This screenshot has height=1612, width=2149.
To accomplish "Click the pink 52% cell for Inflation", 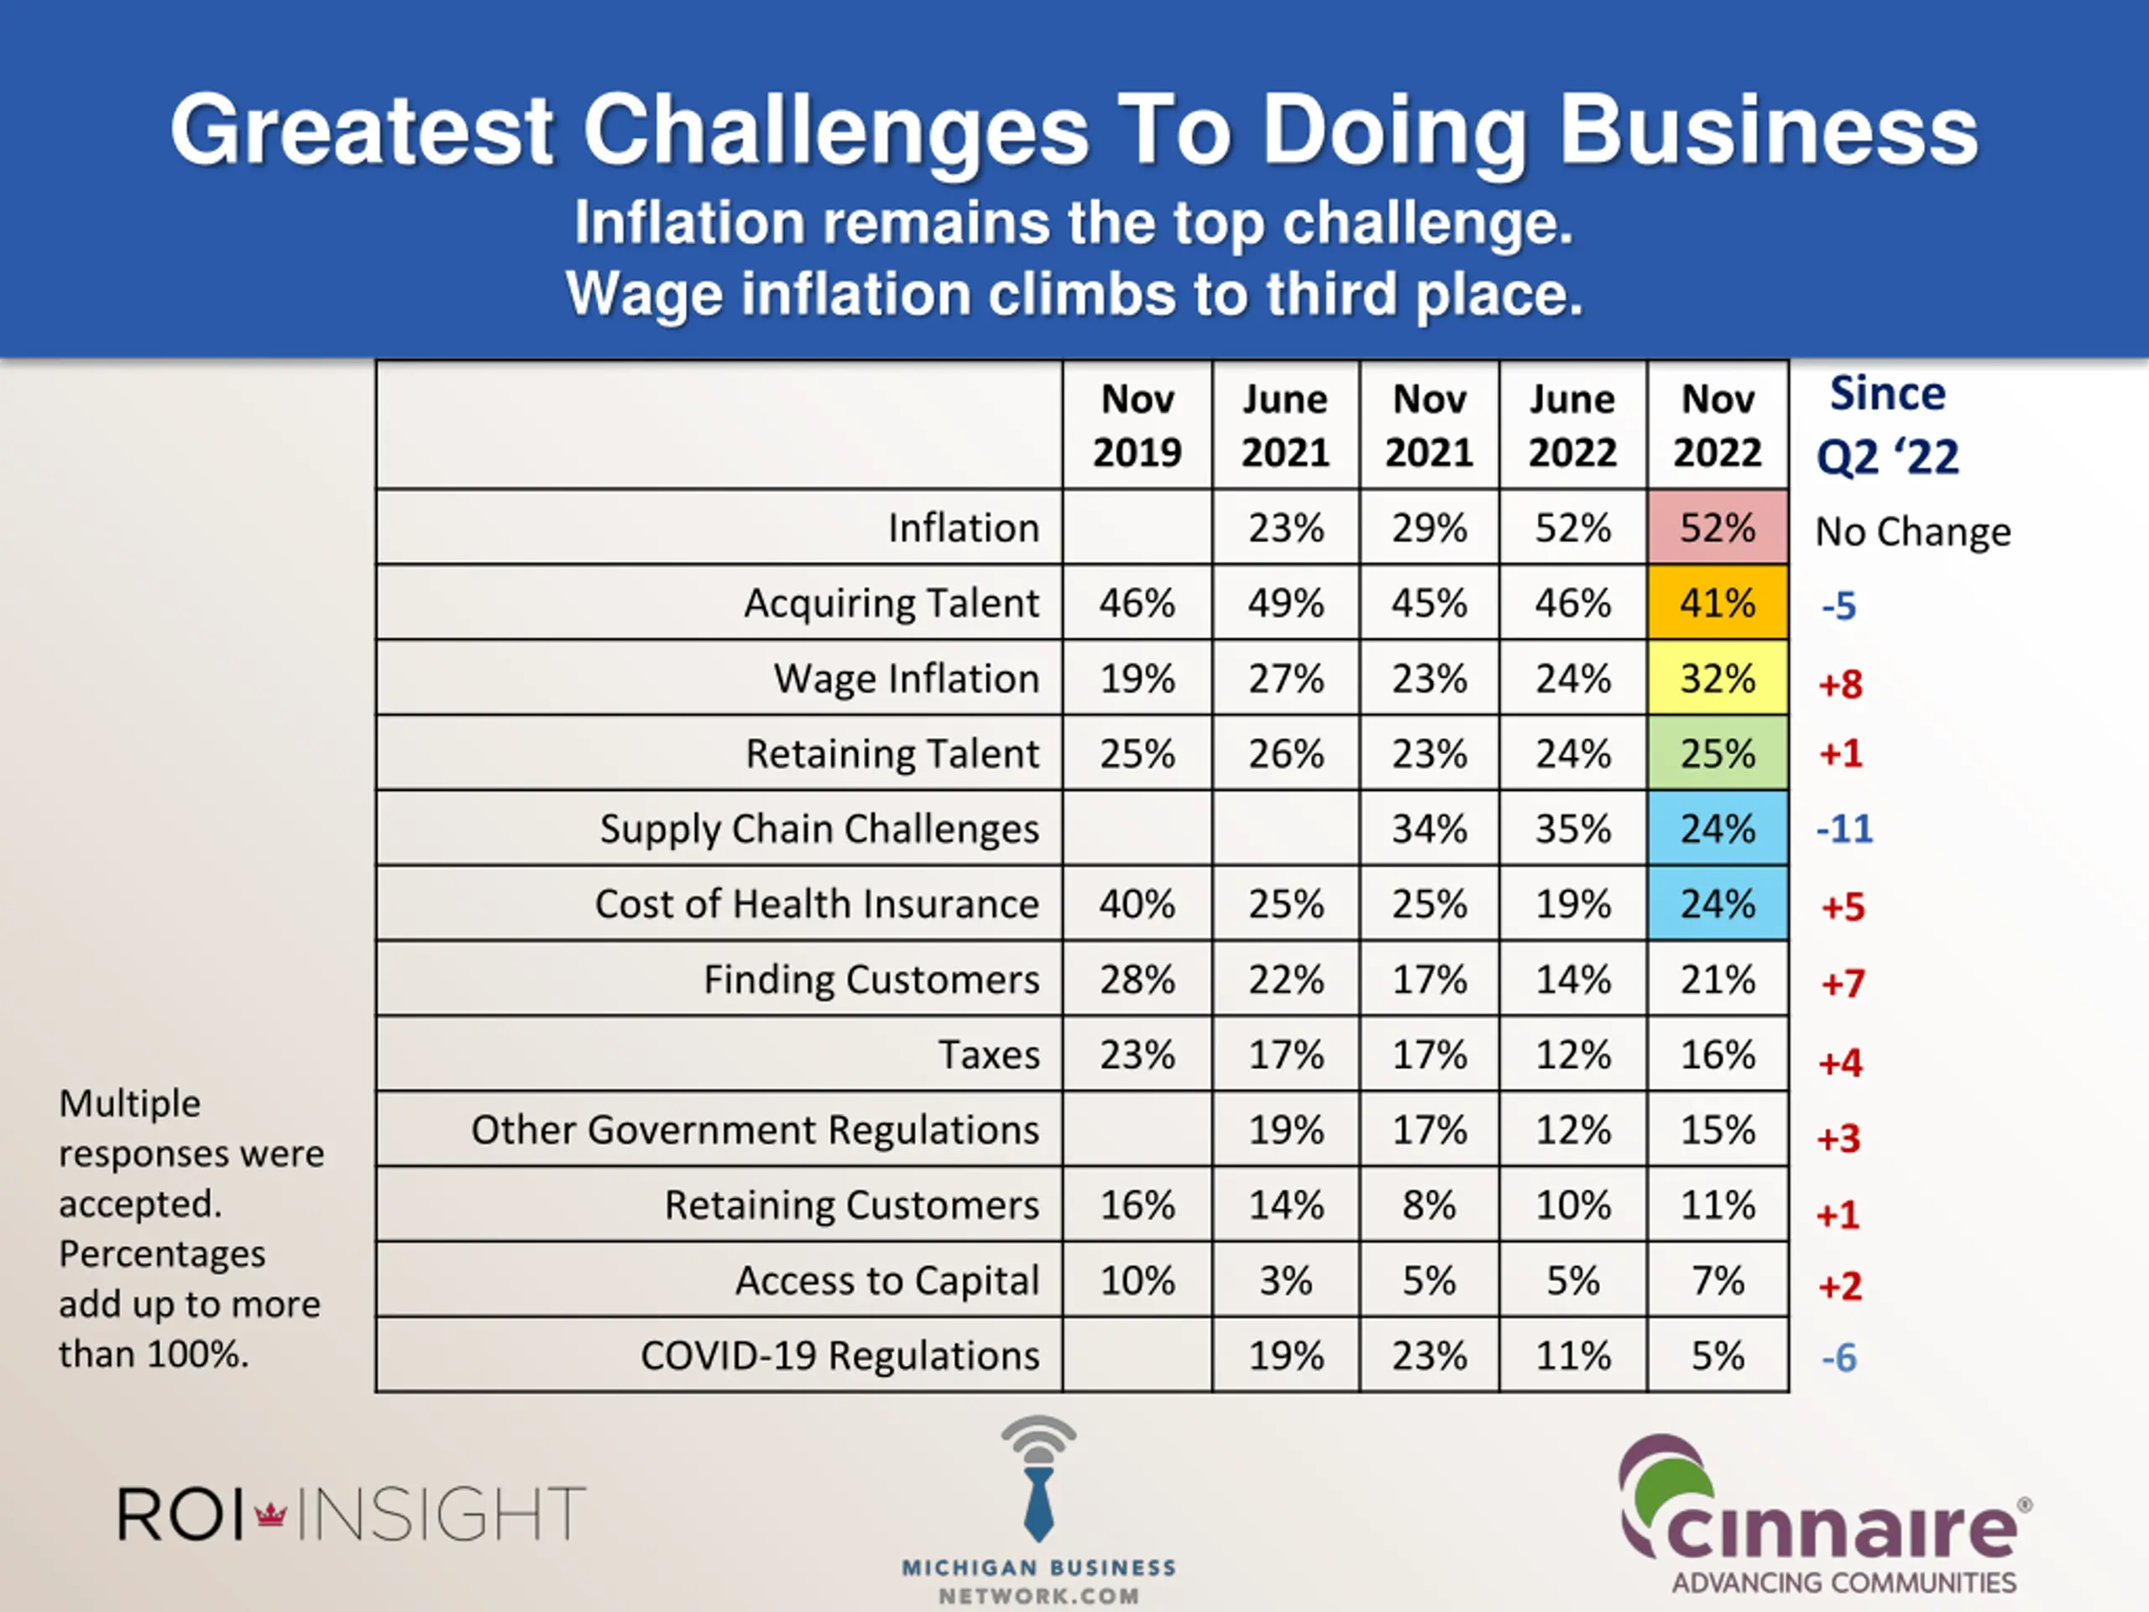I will coord(1717,527).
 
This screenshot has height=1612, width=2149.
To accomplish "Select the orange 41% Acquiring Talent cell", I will coord(1717,603).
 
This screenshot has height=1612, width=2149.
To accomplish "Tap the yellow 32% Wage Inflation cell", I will coord(1717,678).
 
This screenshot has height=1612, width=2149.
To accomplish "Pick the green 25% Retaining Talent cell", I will coord(1717,753).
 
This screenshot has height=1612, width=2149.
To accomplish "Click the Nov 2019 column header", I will coord(1137,426).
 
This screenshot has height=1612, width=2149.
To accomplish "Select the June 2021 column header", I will coord(1284,426).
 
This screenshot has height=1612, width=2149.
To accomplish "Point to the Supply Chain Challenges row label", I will coord(819,829).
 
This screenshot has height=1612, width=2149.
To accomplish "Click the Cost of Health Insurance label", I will coord(816,903).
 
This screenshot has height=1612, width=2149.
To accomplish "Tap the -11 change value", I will coord(1844,829).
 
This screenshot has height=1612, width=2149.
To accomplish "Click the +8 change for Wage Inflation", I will coord(1840,684).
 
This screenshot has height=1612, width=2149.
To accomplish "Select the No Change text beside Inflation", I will coord(1912,531).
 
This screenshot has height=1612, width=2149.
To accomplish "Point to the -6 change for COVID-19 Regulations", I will coord(1838,1358).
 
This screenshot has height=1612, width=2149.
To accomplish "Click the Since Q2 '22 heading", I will coord(1887,426).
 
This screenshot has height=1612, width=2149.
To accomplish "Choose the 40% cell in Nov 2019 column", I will coord(1137,903).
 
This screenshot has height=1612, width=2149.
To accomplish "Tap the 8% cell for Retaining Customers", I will coord(1428,1205).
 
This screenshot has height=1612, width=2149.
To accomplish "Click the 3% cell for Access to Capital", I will coord(1284,1280).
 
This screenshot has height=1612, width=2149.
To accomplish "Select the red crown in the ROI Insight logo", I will coord(270,1513).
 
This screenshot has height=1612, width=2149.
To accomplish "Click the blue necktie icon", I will coord(1038,1501).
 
